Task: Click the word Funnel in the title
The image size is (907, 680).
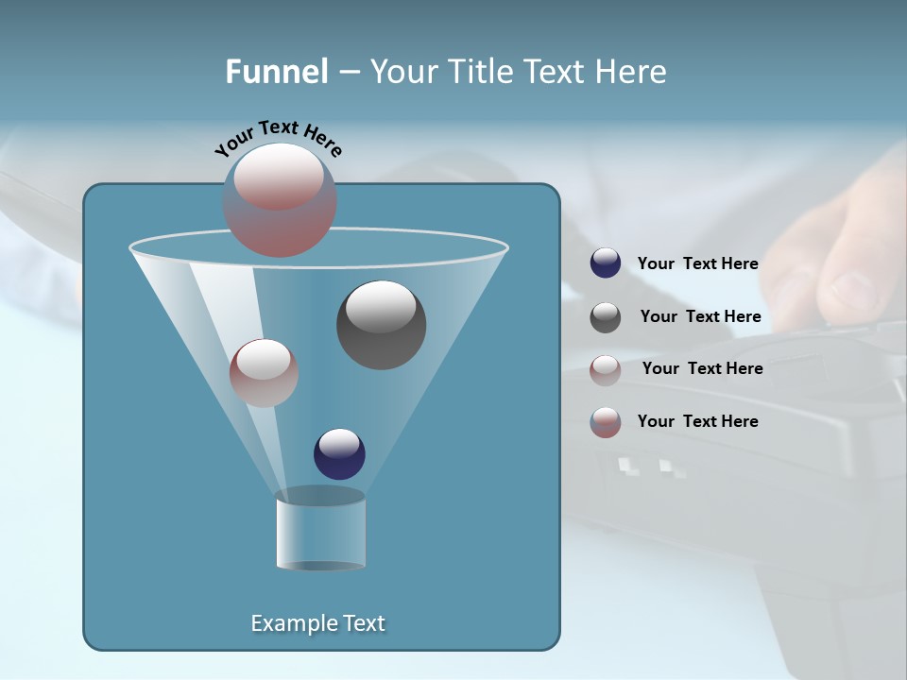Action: point(276,72)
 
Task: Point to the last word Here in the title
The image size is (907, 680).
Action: point(632,72)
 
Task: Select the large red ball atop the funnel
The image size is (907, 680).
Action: point(280,199)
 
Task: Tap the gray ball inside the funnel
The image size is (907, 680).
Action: point(381,324)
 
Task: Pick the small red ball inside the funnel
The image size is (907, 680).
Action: point(264,372)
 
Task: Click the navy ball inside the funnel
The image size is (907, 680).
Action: point(339,453)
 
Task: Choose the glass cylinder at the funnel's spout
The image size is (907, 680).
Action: point(320,529)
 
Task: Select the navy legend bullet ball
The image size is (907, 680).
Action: point(606,263)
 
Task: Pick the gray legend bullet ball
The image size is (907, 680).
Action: point(606,317)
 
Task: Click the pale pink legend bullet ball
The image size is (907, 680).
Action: point(606,370)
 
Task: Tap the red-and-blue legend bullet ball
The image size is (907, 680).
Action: point(606,422)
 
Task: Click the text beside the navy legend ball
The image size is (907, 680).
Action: point(697,264)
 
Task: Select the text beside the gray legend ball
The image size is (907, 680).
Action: point(700,317)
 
